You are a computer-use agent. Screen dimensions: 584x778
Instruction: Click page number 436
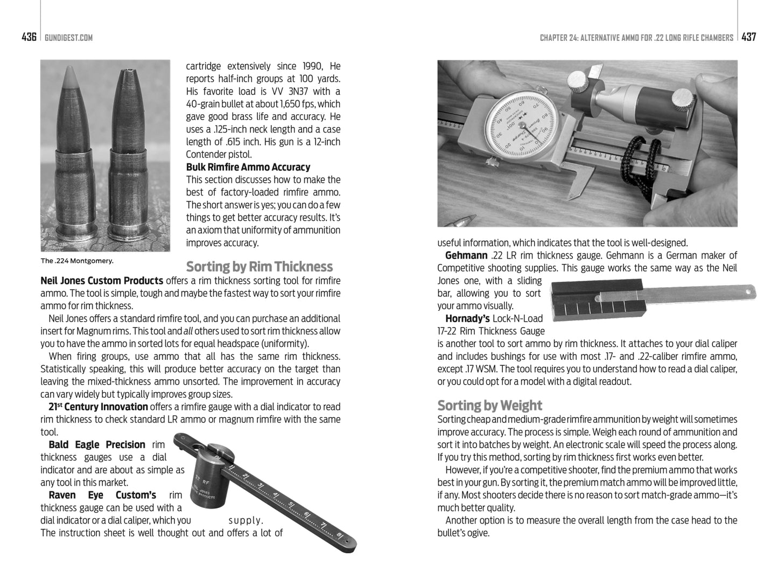point(29,37)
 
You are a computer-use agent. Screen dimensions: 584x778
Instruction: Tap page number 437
point(748,37)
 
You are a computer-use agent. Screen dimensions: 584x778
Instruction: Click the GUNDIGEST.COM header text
point(69,38)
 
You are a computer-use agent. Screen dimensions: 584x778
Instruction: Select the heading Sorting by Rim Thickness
point(259,267)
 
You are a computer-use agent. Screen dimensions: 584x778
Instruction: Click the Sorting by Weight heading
point(489,405)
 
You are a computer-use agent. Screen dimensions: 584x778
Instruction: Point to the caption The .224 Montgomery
point(77,261)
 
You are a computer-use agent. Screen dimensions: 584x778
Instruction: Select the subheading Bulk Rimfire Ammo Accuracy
point(248,167)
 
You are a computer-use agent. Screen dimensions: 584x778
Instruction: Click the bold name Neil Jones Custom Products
point(102,281)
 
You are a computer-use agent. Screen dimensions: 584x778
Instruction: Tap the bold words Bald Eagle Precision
point(97,445)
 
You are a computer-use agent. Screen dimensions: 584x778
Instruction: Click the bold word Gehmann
point(466,255)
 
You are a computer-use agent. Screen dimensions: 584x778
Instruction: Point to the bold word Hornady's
point(467,318)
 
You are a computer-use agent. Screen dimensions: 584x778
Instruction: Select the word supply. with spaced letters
point(245,520)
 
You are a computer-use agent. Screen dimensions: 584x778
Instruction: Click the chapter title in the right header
point(636,38)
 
